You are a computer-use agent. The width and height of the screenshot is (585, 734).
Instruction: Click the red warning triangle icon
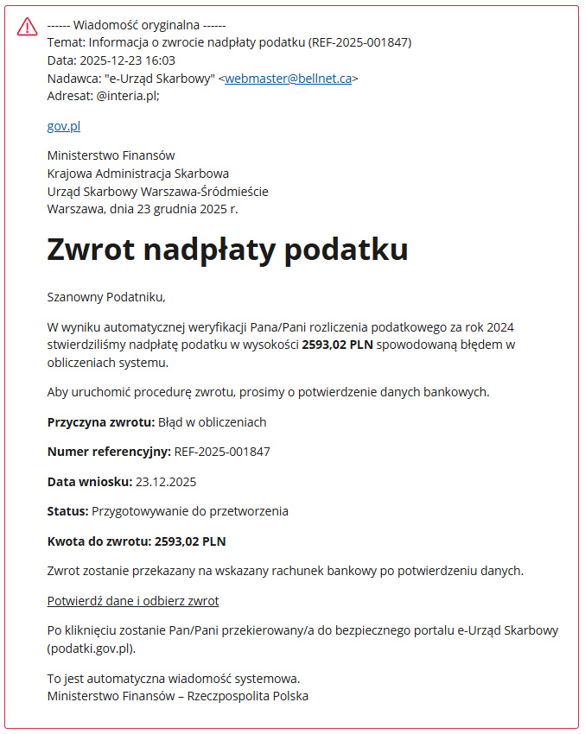pos(28,27)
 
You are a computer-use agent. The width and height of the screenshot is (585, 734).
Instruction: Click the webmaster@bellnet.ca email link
pos(288,79)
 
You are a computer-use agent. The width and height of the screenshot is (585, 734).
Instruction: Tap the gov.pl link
pos(64,126)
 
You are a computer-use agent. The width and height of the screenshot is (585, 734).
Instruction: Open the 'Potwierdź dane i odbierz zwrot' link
pos(133,601)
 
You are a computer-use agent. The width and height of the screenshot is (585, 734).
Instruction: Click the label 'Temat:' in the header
pos(67,42)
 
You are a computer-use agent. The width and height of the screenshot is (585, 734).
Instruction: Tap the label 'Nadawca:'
pos(73,79)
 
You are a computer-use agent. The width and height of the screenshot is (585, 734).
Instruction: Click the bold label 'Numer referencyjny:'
pos(109,452)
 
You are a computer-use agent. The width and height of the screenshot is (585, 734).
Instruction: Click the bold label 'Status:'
pos(67,511)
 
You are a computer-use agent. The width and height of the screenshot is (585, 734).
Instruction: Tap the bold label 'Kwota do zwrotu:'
pos(99,541)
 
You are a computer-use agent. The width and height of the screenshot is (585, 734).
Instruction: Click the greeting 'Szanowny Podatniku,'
pos(106,297)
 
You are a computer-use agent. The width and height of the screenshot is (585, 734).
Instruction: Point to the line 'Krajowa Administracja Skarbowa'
pos(138,174)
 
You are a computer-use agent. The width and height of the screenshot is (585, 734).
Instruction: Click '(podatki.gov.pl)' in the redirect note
pos(92,649)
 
